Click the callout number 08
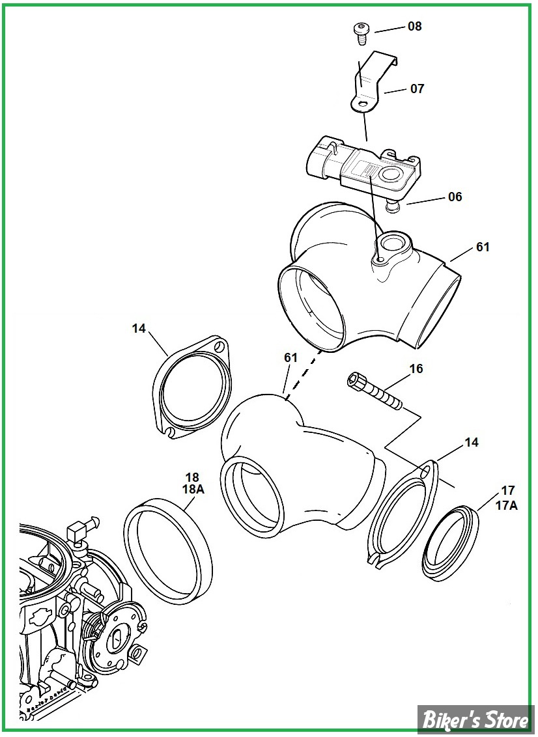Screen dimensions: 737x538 pyautogui.click(x=415, y=27)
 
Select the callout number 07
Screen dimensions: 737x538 pyautogui.click(x=417, y=88)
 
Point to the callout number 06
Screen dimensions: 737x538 pyautogui.click(x=455, y=197)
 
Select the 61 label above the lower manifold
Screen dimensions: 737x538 pyautogui.click(x=290, y=357)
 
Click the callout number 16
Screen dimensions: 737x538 pyautogui.click(x=416, y=369)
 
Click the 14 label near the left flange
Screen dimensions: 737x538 pyautogui.click(x=139, y=329)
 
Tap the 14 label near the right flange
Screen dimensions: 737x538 pyautogui.click(x=472, y=443)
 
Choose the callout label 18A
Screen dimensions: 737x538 pyautogui.click(x=192, y=490)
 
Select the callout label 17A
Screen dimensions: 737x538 pyautogui.click(x=509, y=505)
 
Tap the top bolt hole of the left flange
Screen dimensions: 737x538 pyautogui.click(x=220, y=346)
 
